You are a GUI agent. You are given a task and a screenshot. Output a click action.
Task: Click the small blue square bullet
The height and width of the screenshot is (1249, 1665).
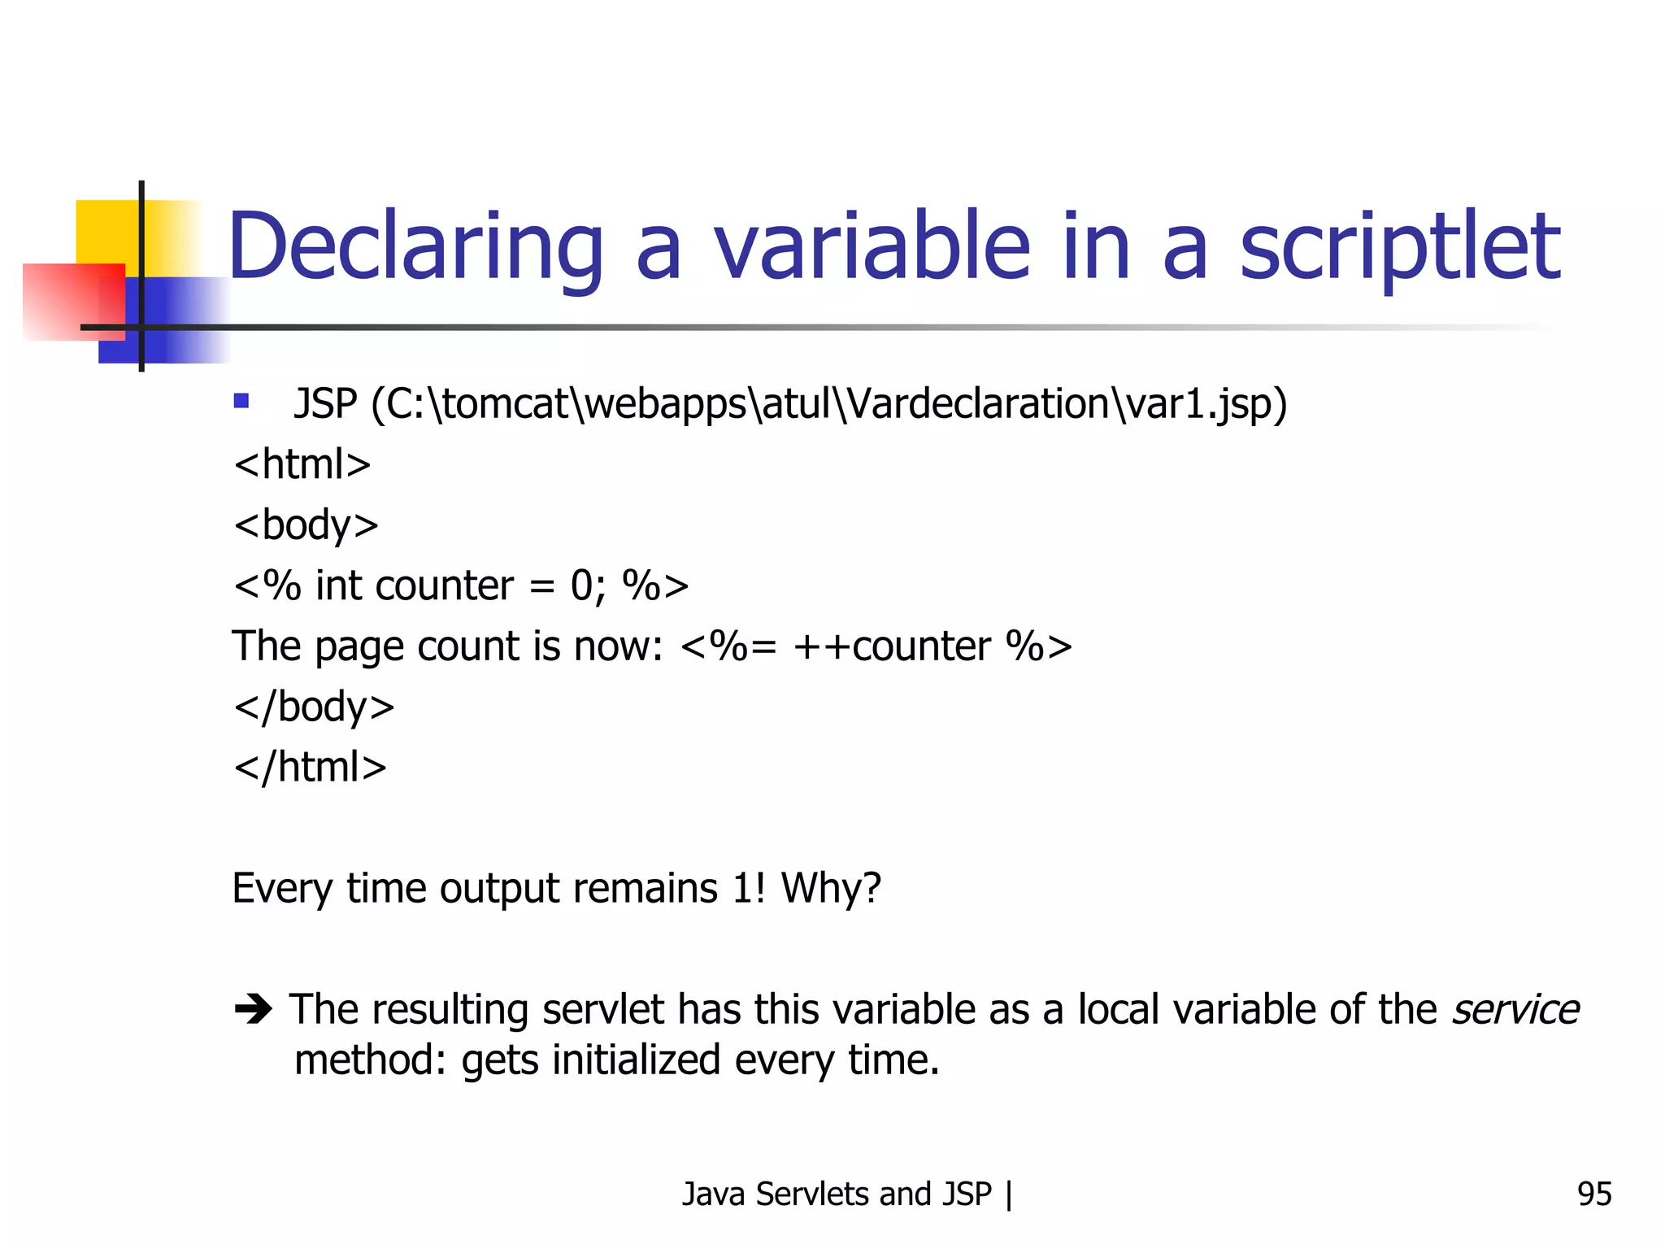241,400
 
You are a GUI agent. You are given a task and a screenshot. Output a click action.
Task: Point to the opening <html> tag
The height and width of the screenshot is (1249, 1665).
302,465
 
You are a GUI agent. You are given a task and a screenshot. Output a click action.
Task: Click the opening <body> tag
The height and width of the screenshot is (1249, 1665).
306,525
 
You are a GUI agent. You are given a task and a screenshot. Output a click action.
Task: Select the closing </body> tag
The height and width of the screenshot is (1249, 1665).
314,707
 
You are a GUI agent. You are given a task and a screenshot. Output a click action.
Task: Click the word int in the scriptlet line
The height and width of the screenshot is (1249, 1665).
338,585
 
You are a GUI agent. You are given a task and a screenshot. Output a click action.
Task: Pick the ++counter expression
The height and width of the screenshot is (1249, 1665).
892,646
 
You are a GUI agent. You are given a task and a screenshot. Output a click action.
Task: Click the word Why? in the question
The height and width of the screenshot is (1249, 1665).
831,888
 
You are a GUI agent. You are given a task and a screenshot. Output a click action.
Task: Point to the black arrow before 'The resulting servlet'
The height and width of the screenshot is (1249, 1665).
253,1010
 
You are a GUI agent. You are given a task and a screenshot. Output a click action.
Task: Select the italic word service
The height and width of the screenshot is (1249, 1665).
1515,1010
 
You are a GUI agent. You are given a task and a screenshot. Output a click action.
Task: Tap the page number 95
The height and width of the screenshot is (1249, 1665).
1593,1194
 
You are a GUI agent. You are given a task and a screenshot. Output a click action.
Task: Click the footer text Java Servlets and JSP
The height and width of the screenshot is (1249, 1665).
837,1194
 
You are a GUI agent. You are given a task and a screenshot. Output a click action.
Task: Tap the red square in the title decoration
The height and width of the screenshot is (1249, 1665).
65,301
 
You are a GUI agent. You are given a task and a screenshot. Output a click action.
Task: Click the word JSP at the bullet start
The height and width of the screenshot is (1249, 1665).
325,404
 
